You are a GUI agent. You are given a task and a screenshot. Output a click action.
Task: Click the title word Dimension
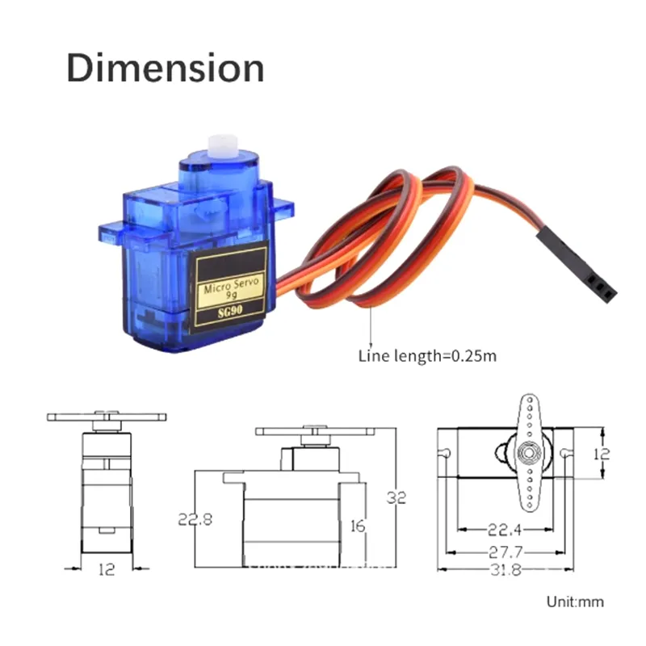tap(165, 68)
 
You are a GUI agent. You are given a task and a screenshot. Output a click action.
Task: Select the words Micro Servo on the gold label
tap(229, 287)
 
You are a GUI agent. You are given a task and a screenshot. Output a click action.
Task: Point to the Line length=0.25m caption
tap(427, 355)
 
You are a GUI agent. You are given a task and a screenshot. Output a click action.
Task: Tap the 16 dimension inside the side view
tap(358, 526)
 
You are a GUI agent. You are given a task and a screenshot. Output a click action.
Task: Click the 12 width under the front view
tap(106, 569)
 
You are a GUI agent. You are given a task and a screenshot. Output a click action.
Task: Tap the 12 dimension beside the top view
tap(601, 454)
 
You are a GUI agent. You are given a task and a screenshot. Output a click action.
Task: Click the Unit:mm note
tap(574, 602)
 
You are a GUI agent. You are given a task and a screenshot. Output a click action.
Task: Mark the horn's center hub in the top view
tap(528, 451)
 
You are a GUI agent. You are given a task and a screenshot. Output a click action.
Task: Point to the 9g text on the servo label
tap(230, 297)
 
